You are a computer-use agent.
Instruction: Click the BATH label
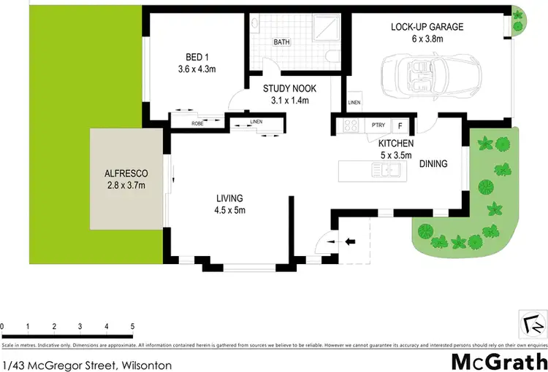pos(281,42)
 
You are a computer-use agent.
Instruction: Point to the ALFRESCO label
pos(126,174)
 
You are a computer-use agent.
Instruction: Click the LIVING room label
pos(229,198)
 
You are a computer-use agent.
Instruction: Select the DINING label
pos(435,165)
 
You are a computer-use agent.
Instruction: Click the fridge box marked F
pos(400,125)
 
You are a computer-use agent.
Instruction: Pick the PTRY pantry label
pos(378,125)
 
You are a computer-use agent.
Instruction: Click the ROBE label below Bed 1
pos(197,123)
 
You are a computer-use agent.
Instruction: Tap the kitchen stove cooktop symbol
pos(350,125)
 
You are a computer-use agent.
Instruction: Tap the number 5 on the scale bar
pos(132,326)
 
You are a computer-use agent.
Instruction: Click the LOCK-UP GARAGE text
pos(427,27)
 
